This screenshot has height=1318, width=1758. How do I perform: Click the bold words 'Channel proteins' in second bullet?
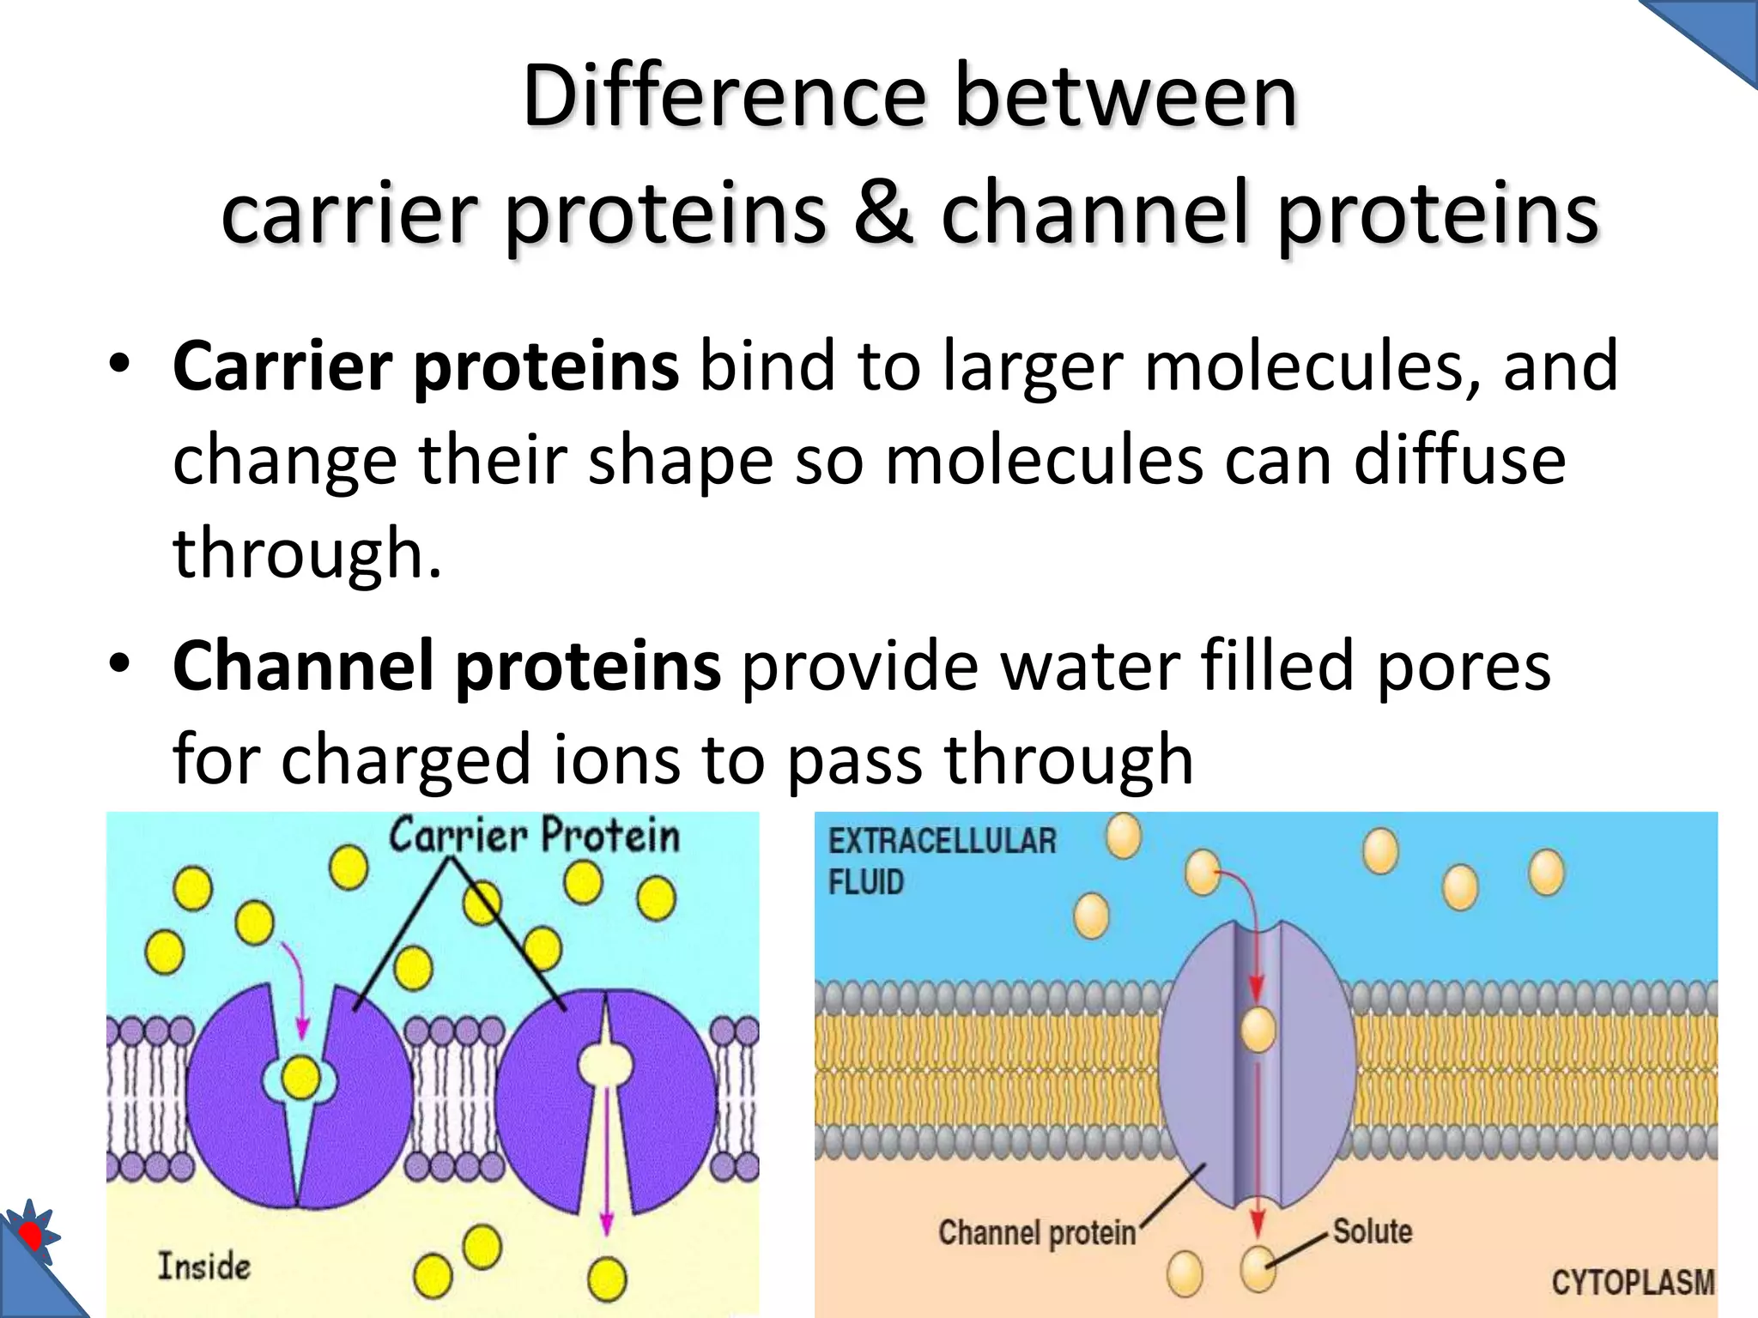point(446,667)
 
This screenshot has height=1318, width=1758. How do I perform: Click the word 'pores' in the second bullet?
point(1464,667)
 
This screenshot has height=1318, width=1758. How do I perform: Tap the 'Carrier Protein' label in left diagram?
point(534,836)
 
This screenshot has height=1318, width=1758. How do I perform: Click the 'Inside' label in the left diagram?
point(203,1267)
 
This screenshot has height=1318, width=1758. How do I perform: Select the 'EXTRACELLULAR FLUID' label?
point(942,861)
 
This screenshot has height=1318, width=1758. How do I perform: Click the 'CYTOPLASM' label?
point(1632,1282)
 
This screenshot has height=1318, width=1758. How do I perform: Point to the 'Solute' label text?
point(1372,1230)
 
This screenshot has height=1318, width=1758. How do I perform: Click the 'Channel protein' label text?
point(1036,1233)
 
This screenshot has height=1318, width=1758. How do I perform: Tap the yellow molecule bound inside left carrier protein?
point(301,1078)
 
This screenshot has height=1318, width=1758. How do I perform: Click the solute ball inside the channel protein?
point(1258,1029)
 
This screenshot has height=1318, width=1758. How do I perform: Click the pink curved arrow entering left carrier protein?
point(296,987)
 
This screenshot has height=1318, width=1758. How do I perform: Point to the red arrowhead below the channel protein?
point(1258,1222)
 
